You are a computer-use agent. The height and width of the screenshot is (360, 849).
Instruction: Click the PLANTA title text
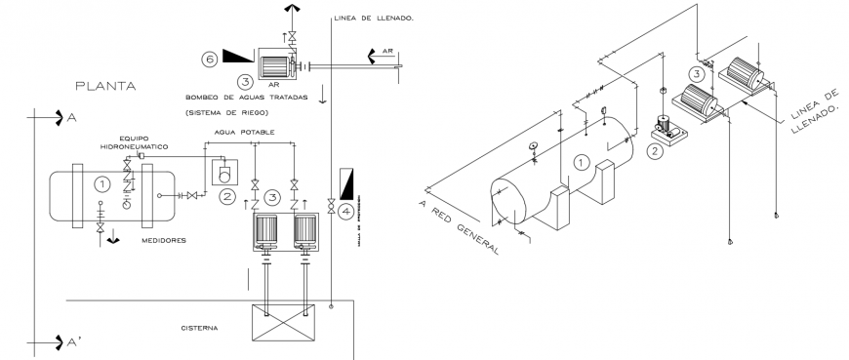point(105,87)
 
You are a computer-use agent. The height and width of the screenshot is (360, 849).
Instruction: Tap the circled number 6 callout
point(209,59)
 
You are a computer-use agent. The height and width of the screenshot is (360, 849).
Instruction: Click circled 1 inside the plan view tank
point(100,182)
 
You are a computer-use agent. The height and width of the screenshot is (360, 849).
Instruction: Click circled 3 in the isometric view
point(696,74)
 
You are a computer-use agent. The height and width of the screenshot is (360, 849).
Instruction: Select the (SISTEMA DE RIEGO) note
point(225,113)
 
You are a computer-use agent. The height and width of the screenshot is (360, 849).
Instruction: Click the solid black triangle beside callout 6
point(237,57)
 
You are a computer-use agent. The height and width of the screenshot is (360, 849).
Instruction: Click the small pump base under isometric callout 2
point(667,139)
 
